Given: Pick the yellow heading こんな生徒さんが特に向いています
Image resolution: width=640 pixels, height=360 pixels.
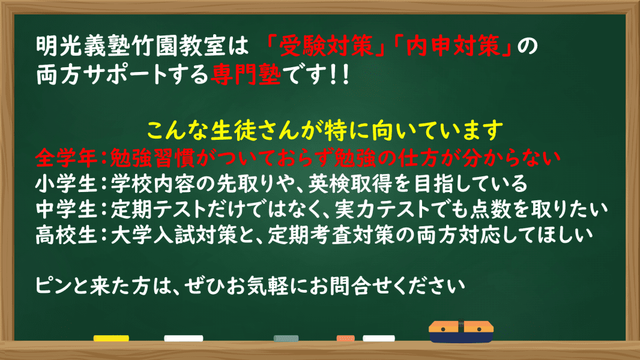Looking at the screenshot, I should (324, 128).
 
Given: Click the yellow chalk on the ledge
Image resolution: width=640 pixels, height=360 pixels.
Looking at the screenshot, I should (111, 338).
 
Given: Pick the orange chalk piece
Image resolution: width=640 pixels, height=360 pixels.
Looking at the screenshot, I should (345, 338).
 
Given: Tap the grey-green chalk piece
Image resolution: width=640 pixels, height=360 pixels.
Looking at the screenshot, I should (291, 338).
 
